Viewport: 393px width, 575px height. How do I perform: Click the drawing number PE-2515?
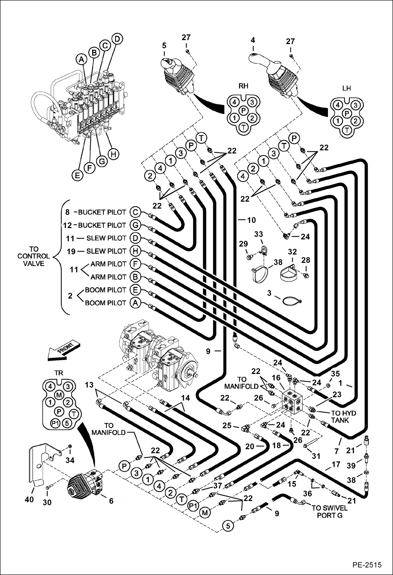pyautogui.click(x=367, y=565)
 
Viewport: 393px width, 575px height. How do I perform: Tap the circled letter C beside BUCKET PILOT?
pyautogui.click(x=135, y=212)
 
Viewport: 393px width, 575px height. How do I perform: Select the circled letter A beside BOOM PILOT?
pyautogui.click(x=135, y=303)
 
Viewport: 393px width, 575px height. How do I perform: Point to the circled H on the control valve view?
pyautogui.click(x=113, y=154)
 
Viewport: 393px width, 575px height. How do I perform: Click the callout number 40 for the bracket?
pyautogui.click(x=29, y=499)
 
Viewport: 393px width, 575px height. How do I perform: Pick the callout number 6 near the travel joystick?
pyautogui.click(x=111, y=501)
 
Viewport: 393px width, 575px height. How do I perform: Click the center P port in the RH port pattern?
pyautogui.click(x=243, y=110)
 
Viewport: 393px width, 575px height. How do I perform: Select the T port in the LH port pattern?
pyautogui.click(x=347, y=130)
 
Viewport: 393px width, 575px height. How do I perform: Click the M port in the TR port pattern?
pyautogui.click(x=59, y=395)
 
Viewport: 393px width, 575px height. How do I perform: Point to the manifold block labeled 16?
pyautogui.click(x=293, y=402)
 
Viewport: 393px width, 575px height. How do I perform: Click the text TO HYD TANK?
pyautogui.click(x=343, y=417)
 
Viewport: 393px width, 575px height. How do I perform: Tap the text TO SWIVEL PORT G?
pyautogui.click(x=330, y=512)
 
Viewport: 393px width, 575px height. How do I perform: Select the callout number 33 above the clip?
pyautogui.click(x=258, y=234)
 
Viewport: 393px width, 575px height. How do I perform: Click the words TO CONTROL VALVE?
pyautogui.click(x=34, y=256)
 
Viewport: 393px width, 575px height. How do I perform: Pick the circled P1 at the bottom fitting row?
pyautogui.click(x=193, y=506)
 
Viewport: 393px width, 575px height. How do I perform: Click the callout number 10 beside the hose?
pyautogui.click(x=251, y=220)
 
